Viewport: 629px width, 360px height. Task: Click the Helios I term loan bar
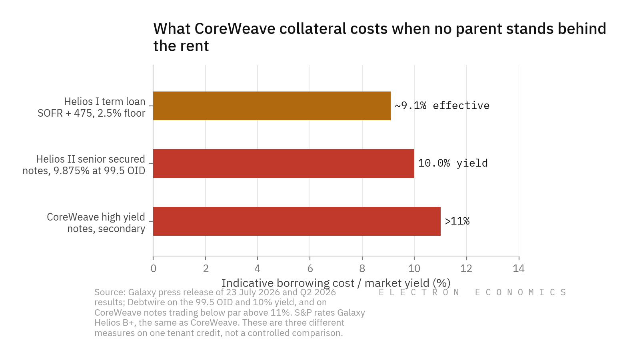coord(272,106)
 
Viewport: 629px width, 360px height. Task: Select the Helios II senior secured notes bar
coord(284,163)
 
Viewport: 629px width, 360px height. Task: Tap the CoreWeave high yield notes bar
coord(297,221)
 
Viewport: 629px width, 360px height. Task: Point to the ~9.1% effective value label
coord(442,106)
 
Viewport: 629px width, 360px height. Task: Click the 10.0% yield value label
coord(453,163)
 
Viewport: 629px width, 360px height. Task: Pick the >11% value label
coord(457,221)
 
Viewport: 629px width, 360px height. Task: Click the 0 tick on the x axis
coord(153,269)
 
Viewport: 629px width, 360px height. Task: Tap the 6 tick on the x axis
coord(310,269)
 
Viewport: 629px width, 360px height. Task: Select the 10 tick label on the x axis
coord(414,269)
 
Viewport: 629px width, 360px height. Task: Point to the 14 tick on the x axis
coord(519,269)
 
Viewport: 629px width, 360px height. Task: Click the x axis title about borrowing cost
coord(336,283)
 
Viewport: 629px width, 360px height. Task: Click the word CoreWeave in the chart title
coord(235,29)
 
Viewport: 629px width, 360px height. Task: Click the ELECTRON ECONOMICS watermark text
coord(472,292)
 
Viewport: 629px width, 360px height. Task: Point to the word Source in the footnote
coord(110,292)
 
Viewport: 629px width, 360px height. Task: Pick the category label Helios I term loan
coord(105,101)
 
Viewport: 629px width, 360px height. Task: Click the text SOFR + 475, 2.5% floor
coord(92,113)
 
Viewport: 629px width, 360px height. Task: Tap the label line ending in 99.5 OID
coord(84,171)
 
